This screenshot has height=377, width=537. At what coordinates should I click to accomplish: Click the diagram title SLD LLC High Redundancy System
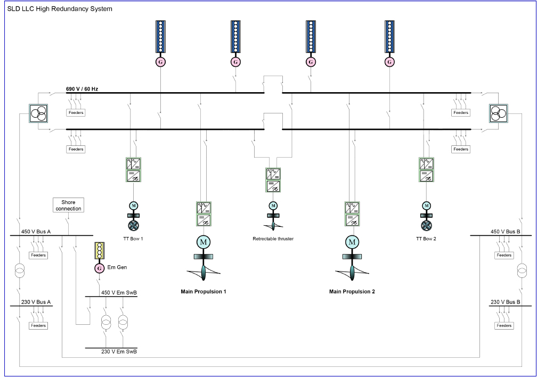[60, 9]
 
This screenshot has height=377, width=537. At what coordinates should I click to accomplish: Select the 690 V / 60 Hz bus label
[83, 88]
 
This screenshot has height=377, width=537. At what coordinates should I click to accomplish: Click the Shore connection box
[68, 206]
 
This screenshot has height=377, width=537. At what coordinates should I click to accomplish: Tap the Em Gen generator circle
[99, 268]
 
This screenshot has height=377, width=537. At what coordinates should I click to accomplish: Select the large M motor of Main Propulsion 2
[352, 242]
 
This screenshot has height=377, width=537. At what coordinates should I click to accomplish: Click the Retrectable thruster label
[273, 239]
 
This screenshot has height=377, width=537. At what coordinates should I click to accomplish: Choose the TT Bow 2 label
[426, 239]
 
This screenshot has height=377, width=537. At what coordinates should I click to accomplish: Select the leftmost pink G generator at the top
[160, 62]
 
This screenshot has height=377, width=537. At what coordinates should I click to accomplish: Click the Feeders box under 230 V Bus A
[38, 325]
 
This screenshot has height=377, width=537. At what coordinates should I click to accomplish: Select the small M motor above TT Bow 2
[426, 206]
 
